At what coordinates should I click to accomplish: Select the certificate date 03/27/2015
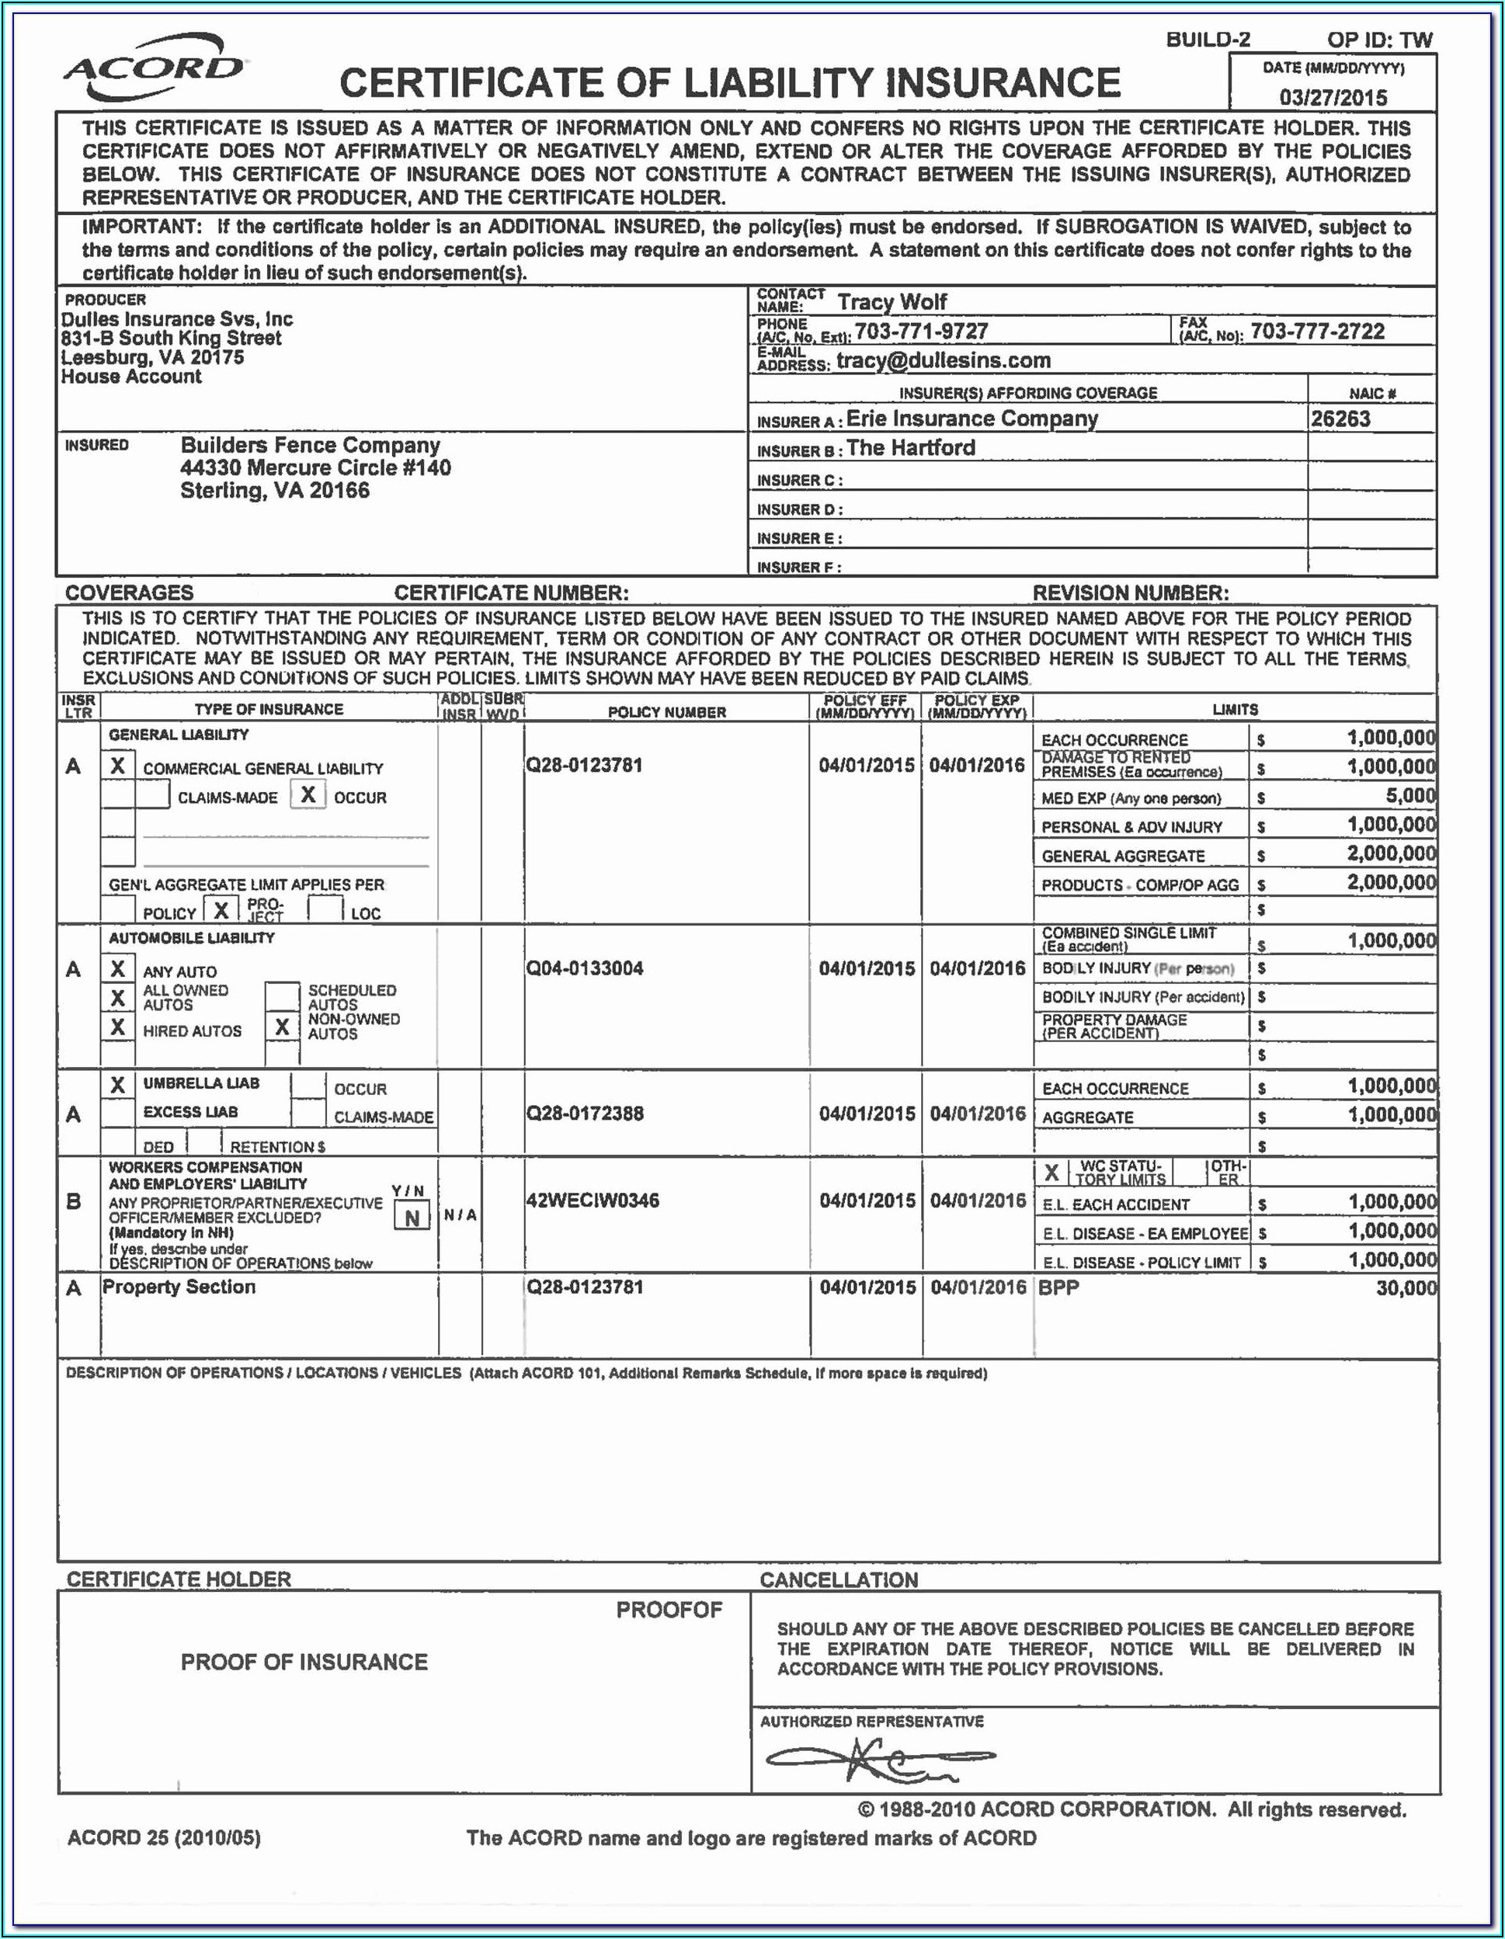coord(1333,97)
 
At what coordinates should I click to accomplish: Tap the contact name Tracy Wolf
coord(892,302)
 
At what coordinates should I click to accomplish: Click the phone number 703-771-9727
coord(921,331)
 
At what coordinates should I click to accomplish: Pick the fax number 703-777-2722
coord(1317,331)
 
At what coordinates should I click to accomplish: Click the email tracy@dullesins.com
coord(943,360)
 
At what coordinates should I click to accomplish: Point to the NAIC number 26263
coord(1340,419)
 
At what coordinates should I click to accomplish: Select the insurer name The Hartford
coord(910,447)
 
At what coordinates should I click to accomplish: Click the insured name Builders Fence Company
coord(310,445)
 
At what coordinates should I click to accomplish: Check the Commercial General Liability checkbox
coord(117,766)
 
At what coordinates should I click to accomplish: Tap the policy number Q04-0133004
coord(584,968)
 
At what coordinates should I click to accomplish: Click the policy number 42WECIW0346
coord(593,1201)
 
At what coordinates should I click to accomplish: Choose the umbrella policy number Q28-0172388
coord(584,1114)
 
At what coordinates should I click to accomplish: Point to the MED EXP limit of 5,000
coord(1410,795)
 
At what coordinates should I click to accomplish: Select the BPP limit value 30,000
coord(1406,1287)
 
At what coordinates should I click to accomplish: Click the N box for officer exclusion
coord(411,1217)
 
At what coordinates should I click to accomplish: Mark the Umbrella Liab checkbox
coord(117,1084)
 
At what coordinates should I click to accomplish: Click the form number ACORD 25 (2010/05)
coord(165,1837)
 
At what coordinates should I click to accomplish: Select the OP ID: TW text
coord(1379,39)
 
